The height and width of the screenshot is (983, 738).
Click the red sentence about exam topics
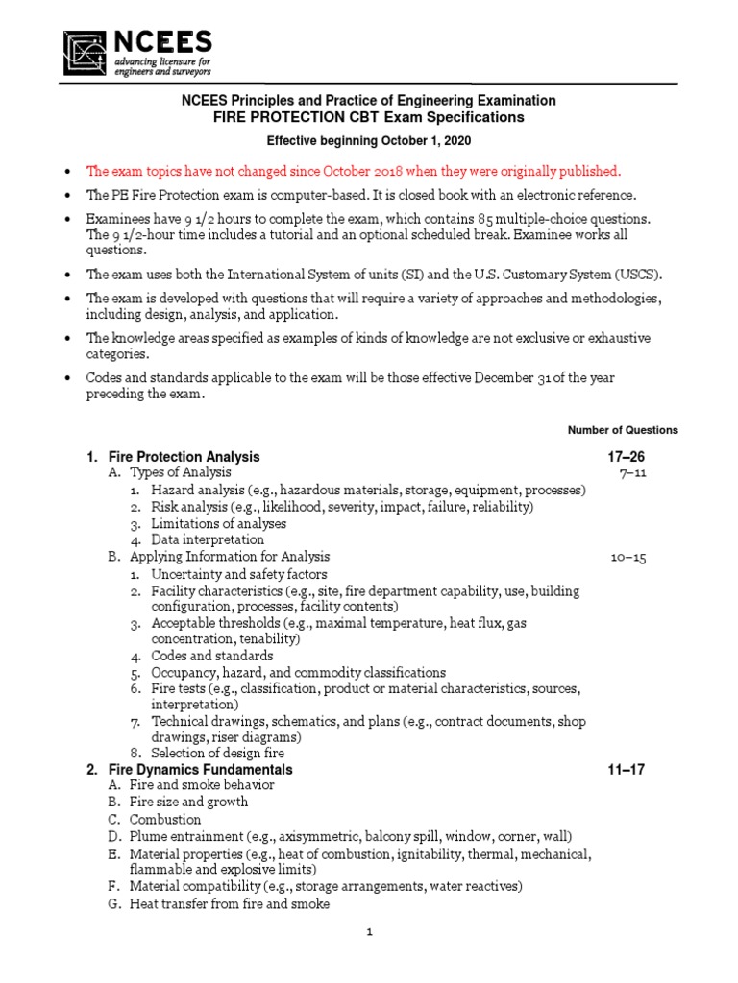[x=354, y=171]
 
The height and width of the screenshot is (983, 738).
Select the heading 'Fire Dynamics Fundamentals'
[x=201, y=770]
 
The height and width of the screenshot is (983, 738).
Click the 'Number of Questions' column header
[x=623, y=430]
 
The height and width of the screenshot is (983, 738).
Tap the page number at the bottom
[x=369, y=931]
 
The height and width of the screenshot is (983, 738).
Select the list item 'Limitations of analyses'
[x=218, y=523]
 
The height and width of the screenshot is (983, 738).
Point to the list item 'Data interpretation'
[x=208, y=539]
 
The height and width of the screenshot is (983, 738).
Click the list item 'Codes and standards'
[x=211, y=657]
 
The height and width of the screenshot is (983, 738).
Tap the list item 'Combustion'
[x=165, y=820]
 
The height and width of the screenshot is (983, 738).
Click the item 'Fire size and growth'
[x=188, y=802]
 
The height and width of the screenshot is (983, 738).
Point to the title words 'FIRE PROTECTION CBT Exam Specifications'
[x=369, y=117]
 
